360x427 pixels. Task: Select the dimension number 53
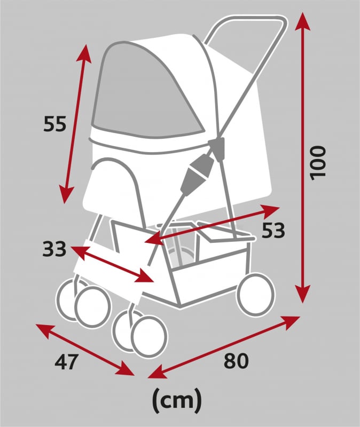273,231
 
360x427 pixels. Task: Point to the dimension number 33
54,249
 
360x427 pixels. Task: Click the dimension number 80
236,361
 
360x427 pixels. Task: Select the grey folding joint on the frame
195,175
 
